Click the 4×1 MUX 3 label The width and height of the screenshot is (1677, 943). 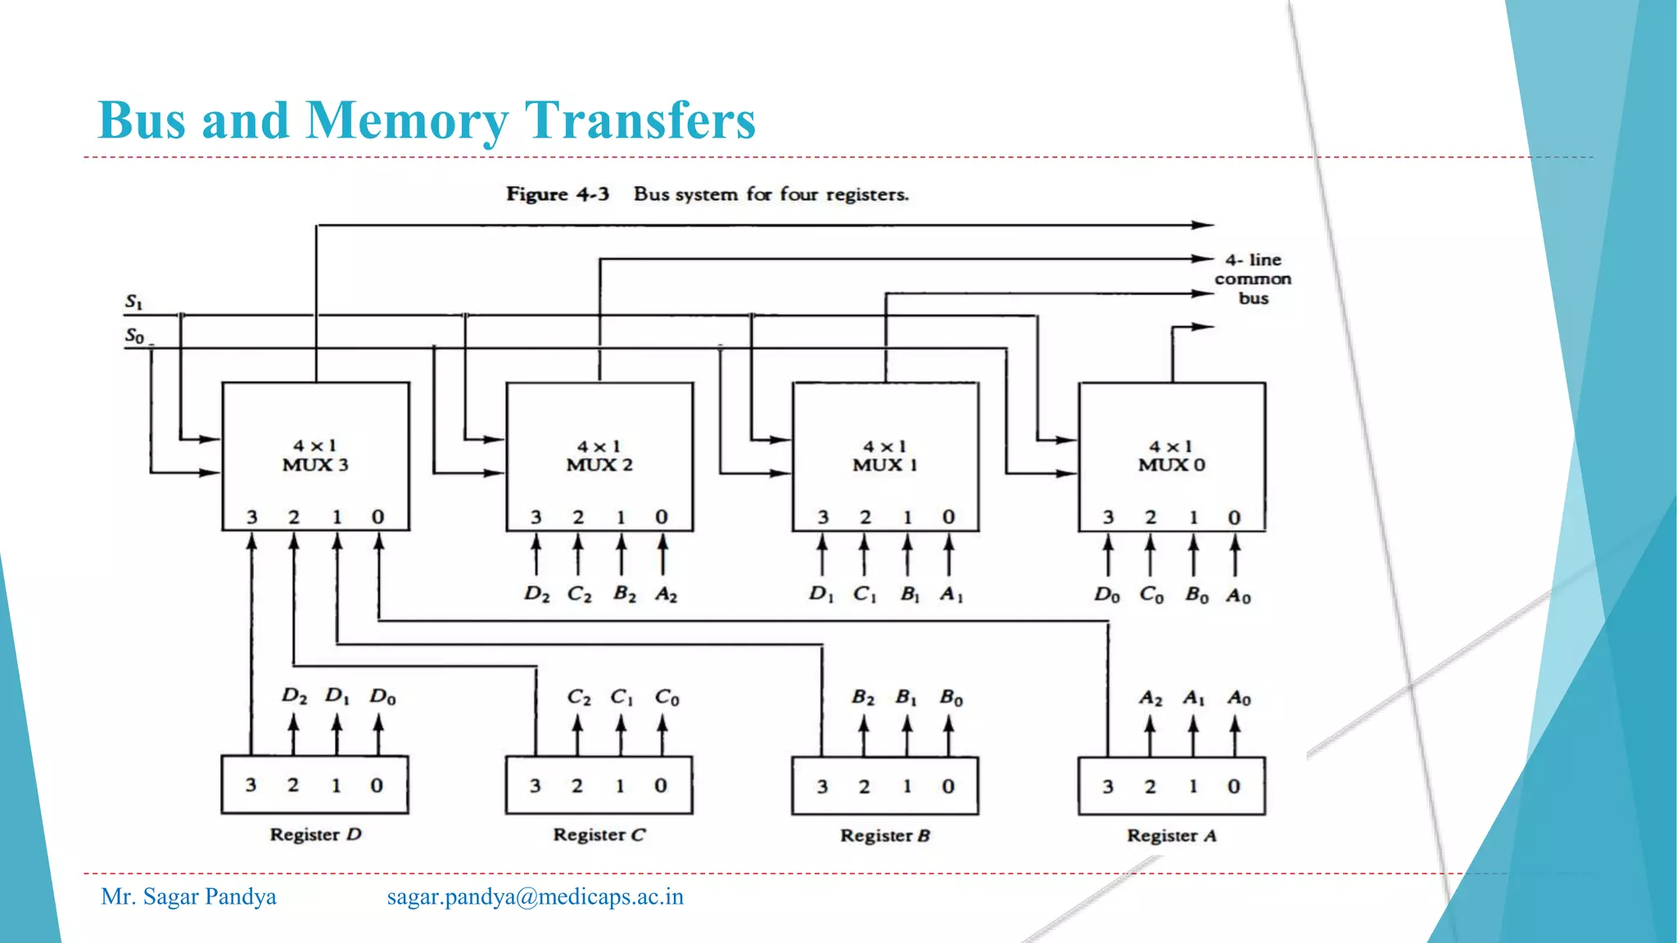tap(315, 456)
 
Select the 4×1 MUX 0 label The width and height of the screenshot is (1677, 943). tap(1171, 456)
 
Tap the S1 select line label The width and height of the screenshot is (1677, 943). tap(133, 302)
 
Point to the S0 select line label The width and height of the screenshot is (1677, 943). tap(134, 336)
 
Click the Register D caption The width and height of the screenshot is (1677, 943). tap(315, 834)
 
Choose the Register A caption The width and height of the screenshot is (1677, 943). tap(1171, 836)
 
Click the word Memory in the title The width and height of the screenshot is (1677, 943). tap(406, 120)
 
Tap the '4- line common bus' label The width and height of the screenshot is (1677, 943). tap(1253, 279)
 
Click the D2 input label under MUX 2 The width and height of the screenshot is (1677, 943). tap(536, 593)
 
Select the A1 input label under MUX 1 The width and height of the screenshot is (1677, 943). tap(951, 593)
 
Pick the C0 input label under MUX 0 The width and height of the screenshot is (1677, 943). tap(1150, 594)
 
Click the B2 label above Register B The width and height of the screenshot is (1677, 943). tap(862, 697)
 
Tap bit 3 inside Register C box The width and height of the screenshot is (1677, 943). tap(535, 786)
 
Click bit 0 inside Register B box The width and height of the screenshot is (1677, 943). tap(948, 787)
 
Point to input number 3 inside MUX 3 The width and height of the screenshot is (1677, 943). tap(252, 517)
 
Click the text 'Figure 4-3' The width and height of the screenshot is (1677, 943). tap(557, 194)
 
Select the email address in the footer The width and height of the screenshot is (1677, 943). tap(535, 896)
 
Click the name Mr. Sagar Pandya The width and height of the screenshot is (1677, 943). tap(188, 896)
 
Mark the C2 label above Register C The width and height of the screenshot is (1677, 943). tap(578, 697)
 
